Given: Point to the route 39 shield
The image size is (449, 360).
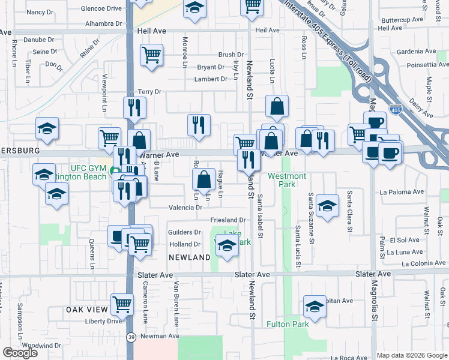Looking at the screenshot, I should pyautogui.click(x=131, y=338).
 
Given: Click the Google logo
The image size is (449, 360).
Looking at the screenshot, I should pyautogui.click(x=20, y=353).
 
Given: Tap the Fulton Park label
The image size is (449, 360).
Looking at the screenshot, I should pyautogui.click(x=288, y=325).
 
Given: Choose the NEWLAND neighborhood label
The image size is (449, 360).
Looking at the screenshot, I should pyautogui.click(x=189, y=257).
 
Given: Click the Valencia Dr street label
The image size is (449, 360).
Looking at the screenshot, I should pyautogui.click(x=185, y=208).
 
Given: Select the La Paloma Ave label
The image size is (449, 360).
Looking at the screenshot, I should pyautogui.click(x=402, y=193).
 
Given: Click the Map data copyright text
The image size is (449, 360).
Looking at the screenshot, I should pyautogui.click(x=403, y=355).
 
